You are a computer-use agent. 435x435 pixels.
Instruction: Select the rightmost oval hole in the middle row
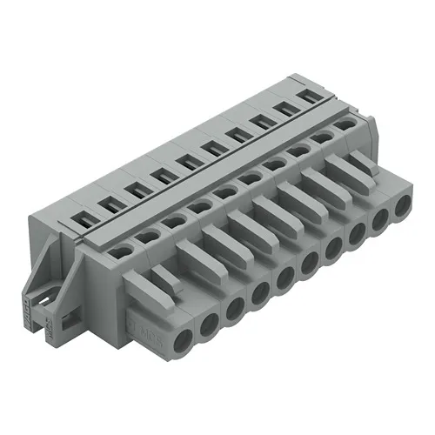click(x=345, y=125)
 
